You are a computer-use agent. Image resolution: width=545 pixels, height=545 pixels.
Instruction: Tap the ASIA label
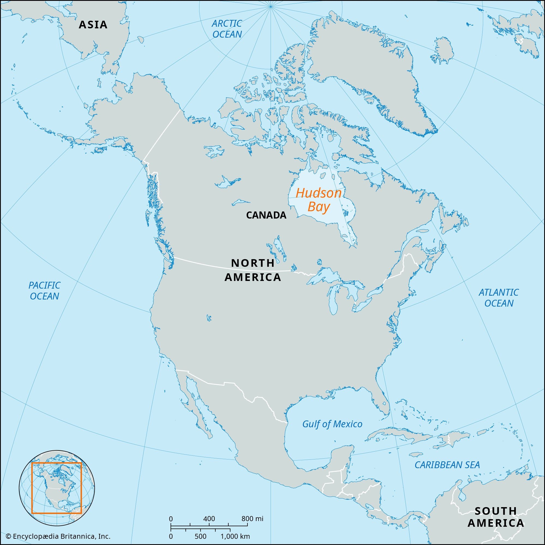point(93,25)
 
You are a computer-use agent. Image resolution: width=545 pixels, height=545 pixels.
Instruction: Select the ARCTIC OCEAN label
point(227,29)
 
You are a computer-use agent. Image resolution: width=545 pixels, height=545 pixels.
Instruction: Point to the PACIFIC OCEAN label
point(44,290)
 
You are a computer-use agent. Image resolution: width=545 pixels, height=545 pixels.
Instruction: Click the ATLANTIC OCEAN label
point(498,298)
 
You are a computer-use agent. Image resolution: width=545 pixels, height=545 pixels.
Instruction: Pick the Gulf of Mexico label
point(332,424)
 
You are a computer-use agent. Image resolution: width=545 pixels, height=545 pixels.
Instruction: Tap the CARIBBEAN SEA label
point(447,465)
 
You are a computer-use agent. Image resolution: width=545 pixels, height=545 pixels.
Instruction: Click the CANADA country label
point(266,215)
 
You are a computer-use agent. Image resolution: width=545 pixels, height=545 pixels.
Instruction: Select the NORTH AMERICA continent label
point(253,270)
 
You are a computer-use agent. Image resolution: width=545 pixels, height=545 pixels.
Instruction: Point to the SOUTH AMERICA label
point(496,517)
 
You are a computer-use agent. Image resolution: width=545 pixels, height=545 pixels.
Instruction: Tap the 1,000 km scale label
point(235,536)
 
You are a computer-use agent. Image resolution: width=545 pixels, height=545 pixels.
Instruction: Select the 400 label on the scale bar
point(209,519)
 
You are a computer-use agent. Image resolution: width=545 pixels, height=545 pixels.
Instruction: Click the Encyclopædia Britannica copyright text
point(58,536)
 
